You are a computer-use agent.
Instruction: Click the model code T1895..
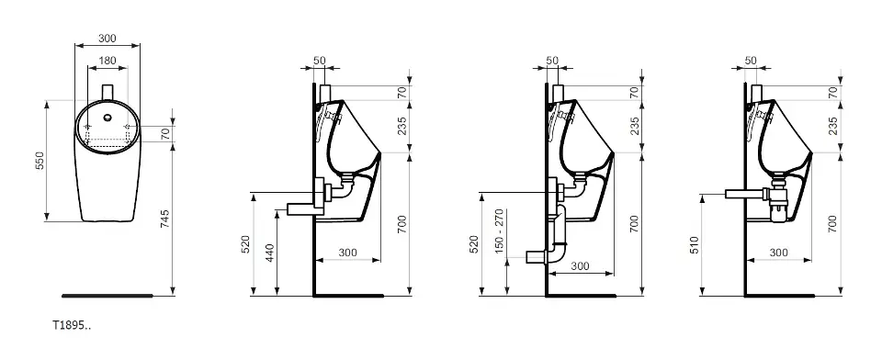tap(72, 325)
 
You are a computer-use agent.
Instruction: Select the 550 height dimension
tap(40, 162)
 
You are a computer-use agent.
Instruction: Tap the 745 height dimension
tap(165, 219)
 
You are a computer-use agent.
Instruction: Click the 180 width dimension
tap(107, 61)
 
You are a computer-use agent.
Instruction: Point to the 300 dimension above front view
tap(107, 39)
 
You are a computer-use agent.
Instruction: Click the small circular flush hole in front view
tap(107, 118)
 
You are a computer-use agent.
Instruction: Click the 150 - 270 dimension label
tap(499, 231)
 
